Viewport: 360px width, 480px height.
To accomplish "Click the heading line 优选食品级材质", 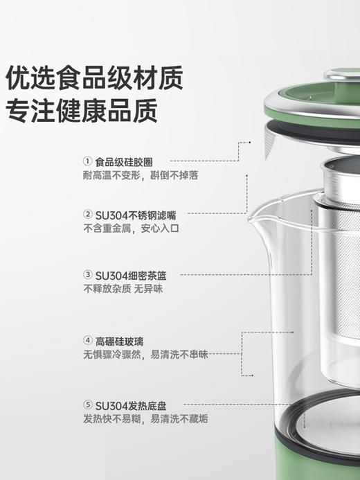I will coord(95,78).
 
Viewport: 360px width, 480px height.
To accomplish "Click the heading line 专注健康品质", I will coord(81,110).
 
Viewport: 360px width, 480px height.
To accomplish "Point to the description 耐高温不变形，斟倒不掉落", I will coord(141,176).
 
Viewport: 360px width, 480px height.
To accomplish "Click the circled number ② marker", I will coord(87,214).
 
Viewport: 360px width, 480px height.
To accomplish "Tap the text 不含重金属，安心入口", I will coord(131,228).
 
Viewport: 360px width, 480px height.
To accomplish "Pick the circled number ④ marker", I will coord(87,340).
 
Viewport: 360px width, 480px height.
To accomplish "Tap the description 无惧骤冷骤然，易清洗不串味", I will coord(145,355).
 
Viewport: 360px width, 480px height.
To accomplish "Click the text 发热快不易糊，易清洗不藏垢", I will coord(145,419).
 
